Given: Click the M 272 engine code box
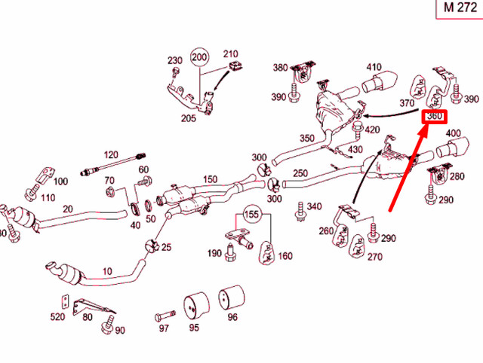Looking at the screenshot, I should tap(458, 8).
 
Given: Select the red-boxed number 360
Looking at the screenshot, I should tap(435, 117).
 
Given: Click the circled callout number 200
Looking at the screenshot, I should tap(199, 57).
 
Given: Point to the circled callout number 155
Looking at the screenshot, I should tap(251, 214).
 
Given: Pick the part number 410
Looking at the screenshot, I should tap(374, 67).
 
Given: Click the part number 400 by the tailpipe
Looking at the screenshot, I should tap(453, 134).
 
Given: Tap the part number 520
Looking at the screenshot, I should tap(58, 317).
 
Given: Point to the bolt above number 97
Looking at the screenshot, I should tap(167, 315).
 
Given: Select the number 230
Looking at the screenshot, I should tap(175, 60).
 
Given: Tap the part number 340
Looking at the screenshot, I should tap(314, 206).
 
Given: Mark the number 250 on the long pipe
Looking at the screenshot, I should tap(300, 174).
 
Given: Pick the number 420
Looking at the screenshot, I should tap(372, 130).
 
